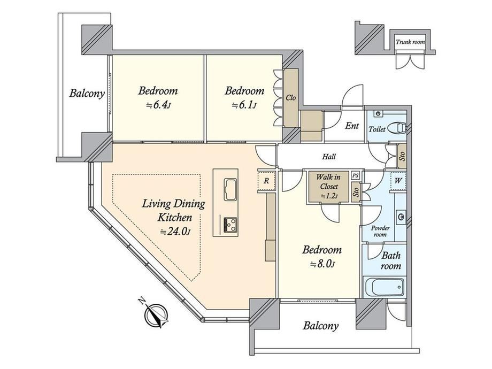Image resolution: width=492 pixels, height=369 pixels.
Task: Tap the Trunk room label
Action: pos(410,42)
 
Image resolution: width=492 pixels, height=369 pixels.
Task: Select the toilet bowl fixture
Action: pos(397,128)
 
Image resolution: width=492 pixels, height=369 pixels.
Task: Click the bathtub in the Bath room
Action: pos(384,287)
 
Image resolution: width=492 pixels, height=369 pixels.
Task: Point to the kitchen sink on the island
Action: pos(230,189)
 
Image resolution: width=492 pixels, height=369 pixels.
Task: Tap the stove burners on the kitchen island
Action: pos(230,225)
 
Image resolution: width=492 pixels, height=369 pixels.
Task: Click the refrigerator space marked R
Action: pos(266,181)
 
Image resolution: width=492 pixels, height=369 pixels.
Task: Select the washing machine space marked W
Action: pos(398,181)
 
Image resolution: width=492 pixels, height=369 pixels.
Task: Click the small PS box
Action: pos(355,176)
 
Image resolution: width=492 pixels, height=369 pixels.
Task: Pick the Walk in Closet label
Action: pos(328,182)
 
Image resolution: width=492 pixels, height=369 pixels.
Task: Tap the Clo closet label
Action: pos(290,97)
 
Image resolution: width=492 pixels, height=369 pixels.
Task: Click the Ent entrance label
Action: pos(352,126)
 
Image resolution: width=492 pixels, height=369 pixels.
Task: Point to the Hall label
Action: pos(328,156)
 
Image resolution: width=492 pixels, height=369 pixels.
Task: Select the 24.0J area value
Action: pos(175,232)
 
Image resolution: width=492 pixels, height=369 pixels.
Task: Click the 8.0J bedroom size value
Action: pos(322,264)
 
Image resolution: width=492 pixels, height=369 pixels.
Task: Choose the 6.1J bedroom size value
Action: pos(244,105)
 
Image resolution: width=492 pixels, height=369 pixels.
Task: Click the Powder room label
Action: pos(380,231)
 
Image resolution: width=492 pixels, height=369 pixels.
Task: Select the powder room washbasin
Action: pos(401,217)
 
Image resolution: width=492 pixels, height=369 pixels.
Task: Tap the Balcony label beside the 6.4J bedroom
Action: pos(87,93)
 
